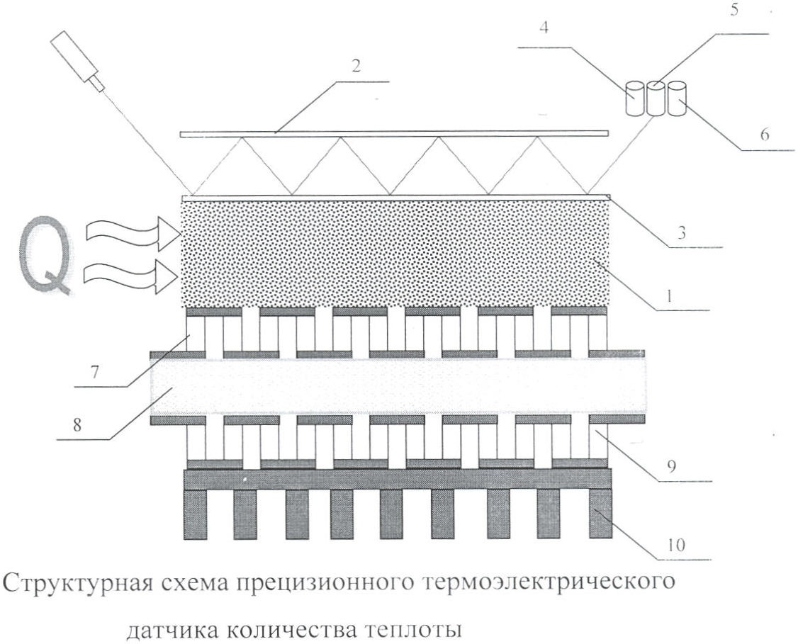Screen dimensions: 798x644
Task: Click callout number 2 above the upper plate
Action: (x=356, y=66)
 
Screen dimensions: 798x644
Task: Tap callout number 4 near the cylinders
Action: (x=544, y=28)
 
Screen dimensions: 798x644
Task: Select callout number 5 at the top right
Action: (x=734, y=10)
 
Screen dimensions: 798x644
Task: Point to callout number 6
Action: (x=765, y=135)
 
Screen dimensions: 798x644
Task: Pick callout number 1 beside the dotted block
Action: (x=670, y=295)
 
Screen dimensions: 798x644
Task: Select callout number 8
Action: (x=77, y=424)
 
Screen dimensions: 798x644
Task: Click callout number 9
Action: (x=671, y=466)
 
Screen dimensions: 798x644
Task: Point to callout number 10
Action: (x=675, y=545)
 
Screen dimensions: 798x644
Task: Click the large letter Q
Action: (x=45, y=256)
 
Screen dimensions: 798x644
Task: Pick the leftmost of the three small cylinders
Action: (x=635, y=98)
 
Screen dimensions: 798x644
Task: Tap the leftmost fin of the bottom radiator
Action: (x=195, y=514)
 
